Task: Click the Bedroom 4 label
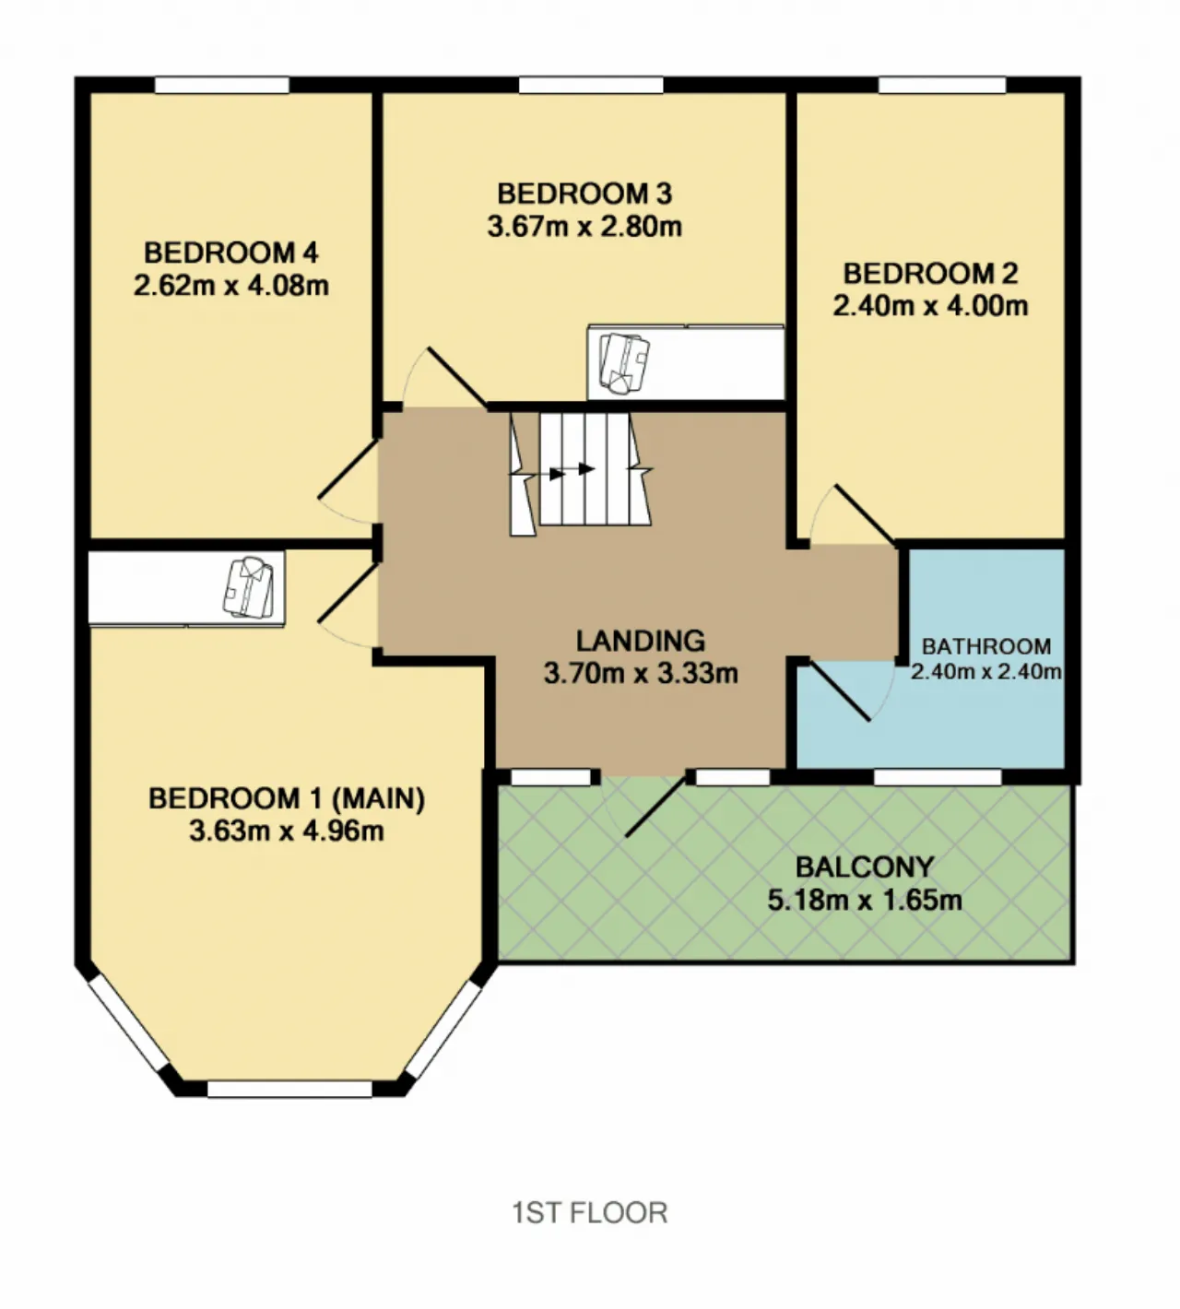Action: coord(231,253)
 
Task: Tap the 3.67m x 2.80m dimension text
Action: coord(584,227)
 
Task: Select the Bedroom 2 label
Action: coord(930,273)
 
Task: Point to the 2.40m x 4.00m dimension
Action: coord(930,305)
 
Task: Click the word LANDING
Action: coord(641,641)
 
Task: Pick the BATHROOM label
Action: coord(986,646)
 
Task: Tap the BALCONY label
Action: coord(864,867)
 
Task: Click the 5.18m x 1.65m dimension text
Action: coord(864,900)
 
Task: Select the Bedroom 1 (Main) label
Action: coord(287,798)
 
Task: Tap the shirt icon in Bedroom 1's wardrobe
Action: coord(248,587)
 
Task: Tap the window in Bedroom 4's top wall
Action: coord(222,85)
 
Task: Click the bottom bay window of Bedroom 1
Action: coord(289,1089)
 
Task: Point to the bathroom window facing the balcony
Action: coord(938,776)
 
